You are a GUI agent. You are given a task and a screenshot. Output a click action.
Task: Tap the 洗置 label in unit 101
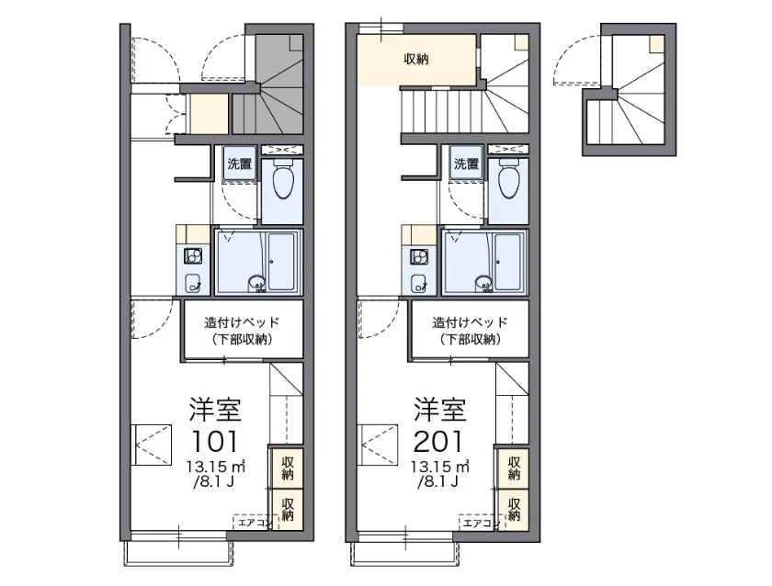(239, 163)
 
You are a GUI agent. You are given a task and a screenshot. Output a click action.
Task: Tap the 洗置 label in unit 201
(466, 163)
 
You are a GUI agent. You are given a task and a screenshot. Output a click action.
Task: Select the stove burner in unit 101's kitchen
(193, 256)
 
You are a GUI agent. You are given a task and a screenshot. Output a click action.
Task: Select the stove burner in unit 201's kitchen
(419, 256)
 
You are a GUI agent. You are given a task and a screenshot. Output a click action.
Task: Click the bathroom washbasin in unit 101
(257, 284)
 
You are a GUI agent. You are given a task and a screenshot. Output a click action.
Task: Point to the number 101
(215, 441)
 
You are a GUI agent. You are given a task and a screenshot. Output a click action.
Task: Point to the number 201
(438, 441)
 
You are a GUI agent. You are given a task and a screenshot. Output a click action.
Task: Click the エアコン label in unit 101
(252, 523)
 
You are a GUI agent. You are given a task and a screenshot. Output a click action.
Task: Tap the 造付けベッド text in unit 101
(242, 322)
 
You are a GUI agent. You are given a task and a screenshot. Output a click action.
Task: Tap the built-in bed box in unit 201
(470, 329)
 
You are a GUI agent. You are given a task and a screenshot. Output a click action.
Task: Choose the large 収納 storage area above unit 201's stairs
(416, 60)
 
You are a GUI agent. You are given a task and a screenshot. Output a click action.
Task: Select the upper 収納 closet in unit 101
(287, 468)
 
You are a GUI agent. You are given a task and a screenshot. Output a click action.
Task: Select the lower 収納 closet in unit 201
(513, 510)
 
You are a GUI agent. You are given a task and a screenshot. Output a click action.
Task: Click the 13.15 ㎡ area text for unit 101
(215, 466)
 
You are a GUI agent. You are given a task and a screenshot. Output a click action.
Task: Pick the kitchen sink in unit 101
(193, 283)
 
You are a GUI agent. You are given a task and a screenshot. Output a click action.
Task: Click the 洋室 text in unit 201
(439, 410)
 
